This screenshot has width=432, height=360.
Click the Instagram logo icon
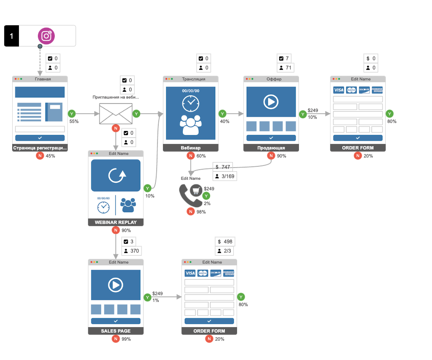pyautogui.click(x=46, y=36)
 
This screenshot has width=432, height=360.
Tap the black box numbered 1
pyautogui.click(x=11, y=36)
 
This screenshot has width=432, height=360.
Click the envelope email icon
pyautogui.click(x=116, y=114)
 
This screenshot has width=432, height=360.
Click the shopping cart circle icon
pyautogui.click(x=196, y=190)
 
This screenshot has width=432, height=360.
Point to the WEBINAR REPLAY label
pyautogui.click(x=116, y=222)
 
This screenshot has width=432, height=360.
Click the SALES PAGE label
pyautogui.click(x=116, y=331)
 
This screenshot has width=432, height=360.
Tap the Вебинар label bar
pyautogui.click(x=191, y=148)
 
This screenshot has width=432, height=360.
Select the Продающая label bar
pyautogui.click(x=271, y=148)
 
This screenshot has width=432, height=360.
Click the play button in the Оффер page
pyautogui.click(x=271, y=101)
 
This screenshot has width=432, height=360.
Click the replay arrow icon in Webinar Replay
pyautogui.click(x=116, y=175)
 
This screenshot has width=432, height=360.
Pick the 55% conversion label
pyautogui.click(x=74, y=121)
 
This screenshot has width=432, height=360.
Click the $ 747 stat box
pyautogui.click(x=223, y=167)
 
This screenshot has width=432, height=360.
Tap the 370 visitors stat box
pyautogui.click(x=131, y=251)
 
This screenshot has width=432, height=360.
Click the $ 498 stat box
pyautogui.click(x=225, y=241)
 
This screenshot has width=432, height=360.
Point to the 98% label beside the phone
pyautogui.click(x=201, y=212)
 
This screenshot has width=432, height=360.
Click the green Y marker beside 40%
pyautogui.click(x=223, y=114)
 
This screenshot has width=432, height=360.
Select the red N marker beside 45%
pyautogui.click(x=40, y=156)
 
